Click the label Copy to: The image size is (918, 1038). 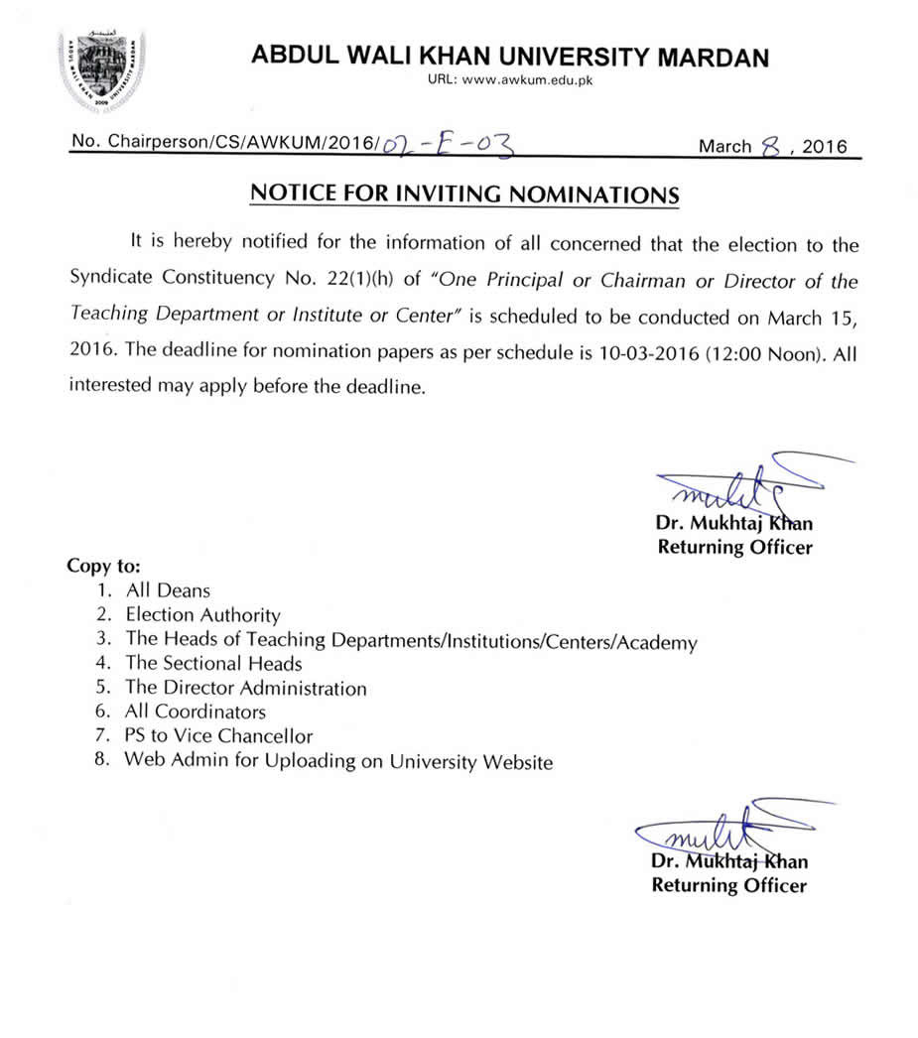103,566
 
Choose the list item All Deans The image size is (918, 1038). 168,590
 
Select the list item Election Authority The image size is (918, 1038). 202,615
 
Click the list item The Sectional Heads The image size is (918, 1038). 213,663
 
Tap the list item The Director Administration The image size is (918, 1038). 245,688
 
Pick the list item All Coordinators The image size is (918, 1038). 196,712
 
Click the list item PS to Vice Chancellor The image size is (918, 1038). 218,736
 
